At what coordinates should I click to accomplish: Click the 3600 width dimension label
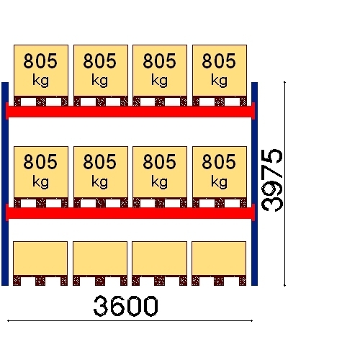tap(125, 306)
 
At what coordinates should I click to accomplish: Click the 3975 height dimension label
tap(272, 180)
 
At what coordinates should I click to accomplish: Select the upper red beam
tap(130, 111)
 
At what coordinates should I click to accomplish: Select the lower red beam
tap(130, 212)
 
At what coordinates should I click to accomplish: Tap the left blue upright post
tap(5, 184)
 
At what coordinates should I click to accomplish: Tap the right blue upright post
tap(254, 184)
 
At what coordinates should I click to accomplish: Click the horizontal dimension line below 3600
tap(130, 320)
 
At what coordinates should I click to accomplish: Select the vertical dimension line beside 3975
tap(284, 184)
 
